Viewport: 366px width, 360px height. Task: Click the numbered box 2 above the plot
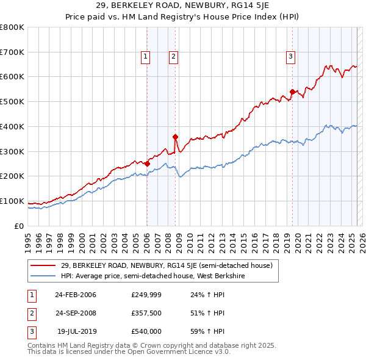pyautogui.click(x=173, y=57)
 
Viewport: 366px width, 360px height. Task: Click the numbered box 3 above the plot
pyautogui.click(x=291, y=57)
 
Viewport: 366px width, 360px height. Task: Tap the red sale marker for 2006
pyautogui.click(x=147, y=163)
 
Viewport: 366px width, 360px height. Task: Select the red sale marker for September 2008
pyautogui.click(x=175, y=137)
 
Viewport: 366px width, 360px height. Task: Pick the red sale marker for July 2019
pyautogui.click(x=292, y=92)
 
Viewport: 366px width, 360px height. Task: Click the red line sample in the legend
pyautogui.click(x=43, y=265)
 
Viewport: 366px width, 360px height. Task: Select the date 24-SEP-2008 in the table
pyautogui.click(x=76, y=313)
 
